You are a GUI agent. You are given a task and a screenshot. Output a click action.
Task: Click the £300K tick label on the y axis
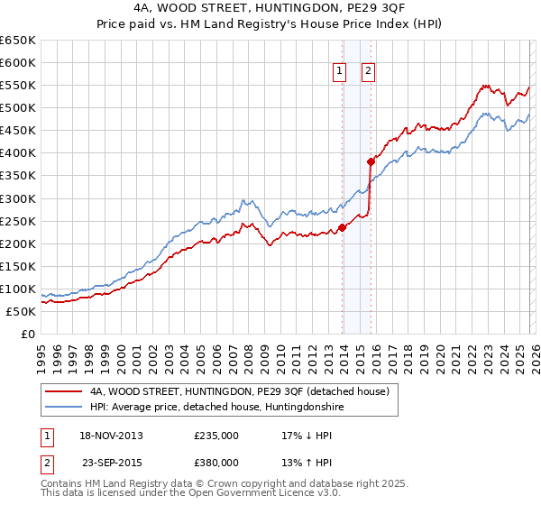17,198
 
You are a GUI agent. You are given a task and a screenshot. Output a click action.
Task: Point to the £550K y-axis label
17,86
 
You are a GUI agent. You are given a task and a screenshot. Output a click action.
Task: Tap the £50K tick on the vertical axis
21,311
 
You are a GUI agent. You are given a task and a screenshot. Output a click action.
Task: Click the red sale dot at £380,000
371,162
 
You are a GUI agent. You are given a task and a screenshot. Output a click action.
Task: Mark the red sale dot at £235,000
342,227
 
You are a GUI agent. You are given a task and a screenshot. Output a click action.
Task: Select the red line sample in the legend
63,392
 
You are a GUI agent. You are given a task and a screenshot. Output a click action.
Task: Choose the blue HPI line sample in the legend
63,408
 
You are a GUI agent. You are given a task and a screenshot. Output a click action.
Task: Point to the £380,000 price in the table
216,462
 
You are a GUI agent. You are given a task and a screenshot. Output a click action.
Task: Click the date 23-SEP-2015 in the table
111,462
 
